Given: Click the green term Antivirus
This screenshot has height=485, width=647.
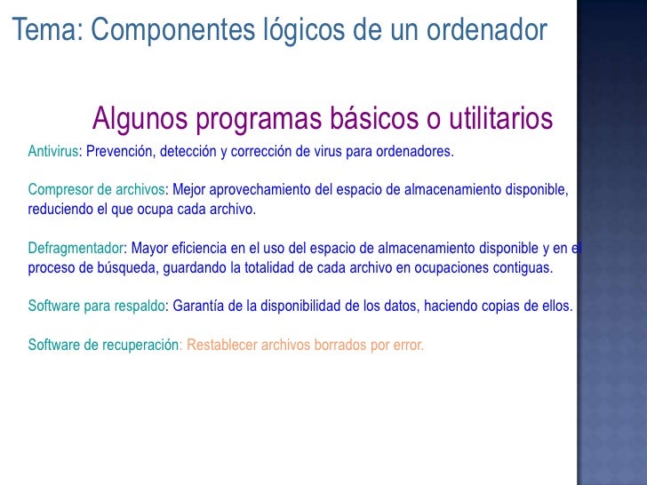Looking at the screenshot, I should pyautogui.click(x=53, y=151).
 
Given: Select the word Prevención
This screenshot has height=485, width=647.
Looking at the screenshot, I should pyautogui.click(x=120, y=151).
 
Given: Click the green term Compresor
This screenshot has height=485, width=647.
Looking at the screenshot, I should pyautogui.click(x=58, y=189).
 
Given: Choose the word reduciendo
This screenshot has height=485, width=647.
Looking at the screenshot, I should pyautogui.click(x=60, y=209).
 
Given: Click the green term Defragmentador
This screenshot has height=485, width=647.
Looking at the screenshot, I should pyautogui.click(x=76, y=248).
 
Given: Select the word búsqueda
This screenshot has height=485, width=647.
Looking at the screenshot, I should pyautogui.click(x=132, y=267).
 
